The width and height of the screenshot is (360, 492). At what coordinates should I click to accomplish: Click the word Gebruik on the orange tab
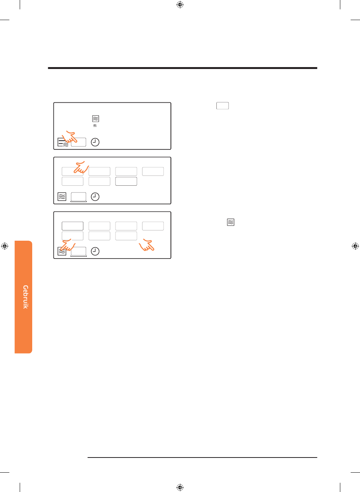[x=25, y=297]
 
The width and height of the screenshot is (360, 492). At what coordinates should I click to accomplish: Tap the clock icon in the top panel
[x=95, y=142]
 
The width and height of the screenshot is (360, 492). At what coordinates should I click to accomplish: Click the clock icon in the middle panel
[x=95, y=197]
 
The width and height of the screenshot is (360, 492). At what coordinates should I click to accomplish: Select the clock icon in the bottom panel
[x=95, y=251]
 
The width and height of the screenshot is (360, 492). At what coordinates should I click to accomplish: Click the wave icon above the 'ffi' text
[x=95, y=119]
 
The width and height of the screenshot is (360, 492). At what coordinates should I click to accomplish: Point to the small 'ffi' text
[x=95, y=125]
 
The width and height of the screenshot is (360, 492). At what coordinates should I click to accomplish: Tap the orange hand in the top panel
[x=69, y=137]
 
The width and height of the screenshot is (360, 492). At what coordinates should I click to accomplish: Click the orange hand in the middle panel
[x=81, y=168]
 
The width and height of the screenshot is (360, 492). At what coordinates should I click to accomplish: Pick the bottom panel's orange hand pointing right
[x=147, y=245]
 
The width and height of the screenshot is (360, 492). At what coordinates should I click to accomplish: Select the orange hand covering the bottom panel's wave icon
[x=68, y=245]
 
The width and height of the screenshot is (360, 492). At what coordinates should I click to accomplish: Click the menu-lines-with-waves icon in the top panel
[x=63, y=142]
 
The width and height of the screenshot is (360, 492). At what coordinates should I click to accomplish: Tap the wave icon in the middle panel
[x=62, y=197]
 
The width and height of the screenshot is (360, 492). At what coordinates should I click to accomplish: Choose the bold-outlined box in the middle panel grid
[x=126, y=181]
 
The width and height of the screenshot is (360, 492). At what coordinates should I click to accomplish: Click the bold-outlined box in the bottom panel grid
[x=72, y=226]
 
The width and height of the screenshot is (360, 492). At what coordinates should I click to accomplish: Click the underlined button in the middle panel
[x=78, y=197]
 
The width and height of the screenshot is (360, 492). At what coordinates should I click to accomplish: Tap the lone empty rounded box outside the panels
[x=222, y=106]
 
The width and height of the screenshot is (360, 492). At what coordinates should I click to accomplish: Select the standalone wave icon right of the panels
[x=231, y=222]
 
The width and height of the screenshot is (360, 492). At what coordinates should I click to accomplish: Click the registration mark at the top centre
[x=180, y=5]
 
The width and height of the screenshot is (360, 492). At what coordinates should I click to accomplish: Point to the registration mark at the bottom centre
[x=180, y=487]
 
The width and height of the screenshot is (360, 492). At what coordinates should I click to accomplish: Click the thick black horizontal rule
[x=183, y=68]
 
